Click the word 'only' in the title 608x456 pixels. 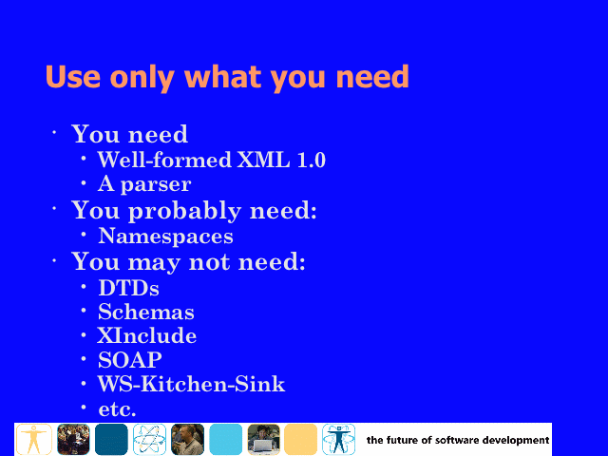pos(142,78)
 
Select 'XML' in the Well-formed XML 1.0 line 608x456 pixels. pos(263,160)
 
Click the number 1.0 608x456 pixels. pos(311,160)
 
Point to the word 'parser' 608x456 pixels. pos(156,185)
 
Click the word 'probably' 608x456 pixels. pos(184,212)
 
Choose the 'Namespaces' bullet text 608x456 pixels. pos(165,237)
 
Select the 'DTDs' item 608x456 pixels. pos(129,288)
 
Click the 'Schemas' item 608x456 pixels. pos(145,312)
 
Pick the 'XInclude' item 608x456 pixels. pos(146,335)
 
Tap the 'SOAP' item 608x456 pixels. pos(130,360)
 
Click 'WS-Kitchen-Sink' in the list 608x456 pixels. pos(191,384)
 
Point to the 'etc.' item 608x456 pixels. pos(117,409)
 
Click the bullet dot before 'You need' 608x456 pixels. pos(54,133)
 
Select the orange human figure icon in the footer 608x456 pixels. pos(34,439)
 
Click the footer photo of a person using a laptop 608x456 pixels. pos(264,439)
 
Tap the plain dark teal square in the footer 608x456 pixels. pos(111,439)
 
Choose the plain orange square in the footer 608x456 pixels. pos(300,439)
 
